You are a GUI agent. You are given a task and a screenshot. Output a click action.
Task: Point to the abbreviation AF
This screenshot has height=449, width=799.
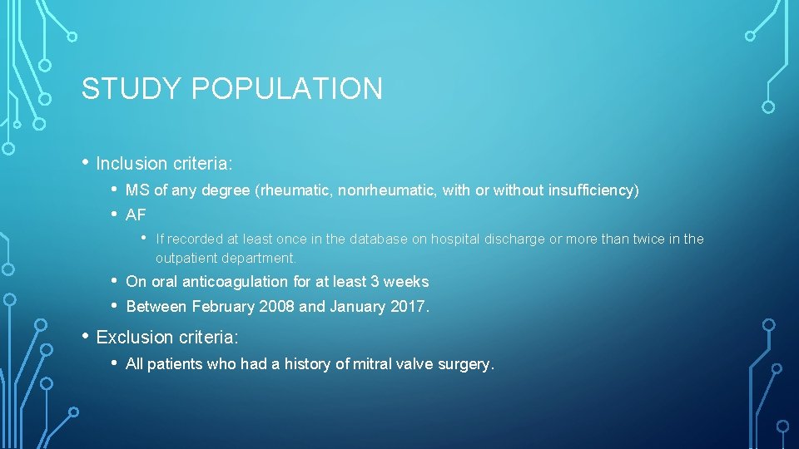136,215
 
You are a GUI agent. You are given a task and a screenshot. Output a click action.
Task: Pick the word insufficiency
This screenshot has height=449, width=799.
591,190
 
